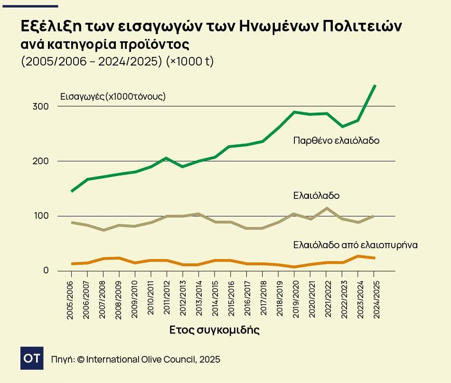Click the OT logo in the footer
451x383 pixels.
pyautogui.click(x=32, y=358)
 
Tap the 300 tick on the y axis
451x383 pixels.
pyautogui.click(x=41, y=106)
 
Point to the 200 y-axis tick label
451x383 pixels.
pyautogui.click(x=41, y=161)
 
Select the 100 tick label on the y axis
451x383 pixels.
pyautogui.click(x=41, y=216)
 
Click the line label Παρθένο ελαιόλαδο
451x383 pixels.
pyautogui.click(x=336, y=140)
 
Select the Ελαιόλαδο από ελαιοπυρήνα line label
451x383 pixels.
pyautogui.click(x=355, y=245)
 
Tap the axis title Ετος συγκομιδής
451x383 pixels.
pyautogui.click(x=215, y=330)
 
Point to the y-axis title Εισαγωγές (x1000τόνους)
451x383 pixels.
pyautogui.click(x=113, y=96)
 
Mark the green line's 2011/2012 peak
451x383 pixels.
pyautogui.click(x=167, y=158)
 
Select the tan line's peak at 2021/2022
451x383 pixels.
pyautogui.click(x=327, y=208)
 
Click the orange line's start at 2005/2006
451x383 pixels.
pyautogui.click(x=71, y=263)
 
